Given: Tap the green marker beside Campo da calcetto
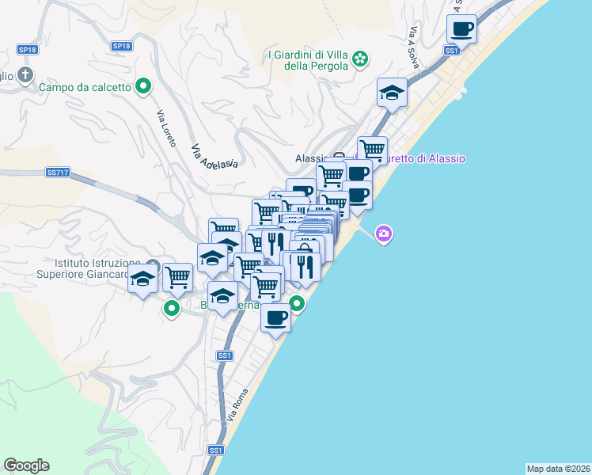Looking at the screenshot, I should coord(143,86).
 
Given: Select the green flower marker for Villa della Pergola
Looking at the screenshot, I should coord(361,59).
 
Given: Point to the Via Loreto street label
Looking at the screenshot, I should coord(165,126).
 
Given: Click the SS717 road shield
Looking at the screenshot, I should coord(58,172).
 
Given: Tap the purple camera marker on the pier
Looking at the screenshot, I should coord(384,234).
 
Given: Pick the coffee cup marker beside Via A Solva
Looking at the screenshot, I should coord(461,31).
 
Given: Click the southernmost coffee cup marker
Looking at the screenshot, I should coord(275,318).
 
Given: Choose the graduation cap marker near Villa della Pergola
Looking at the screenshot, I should coord(392,94).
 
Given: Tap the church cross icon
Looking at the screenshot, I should coord(25,76).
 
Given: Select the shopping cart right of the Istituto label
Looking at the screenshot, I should coord(178,278).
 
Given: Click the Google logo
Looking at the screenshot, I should coord(26,465).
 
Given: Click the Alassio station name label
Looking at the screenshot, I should coord(311,158).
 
